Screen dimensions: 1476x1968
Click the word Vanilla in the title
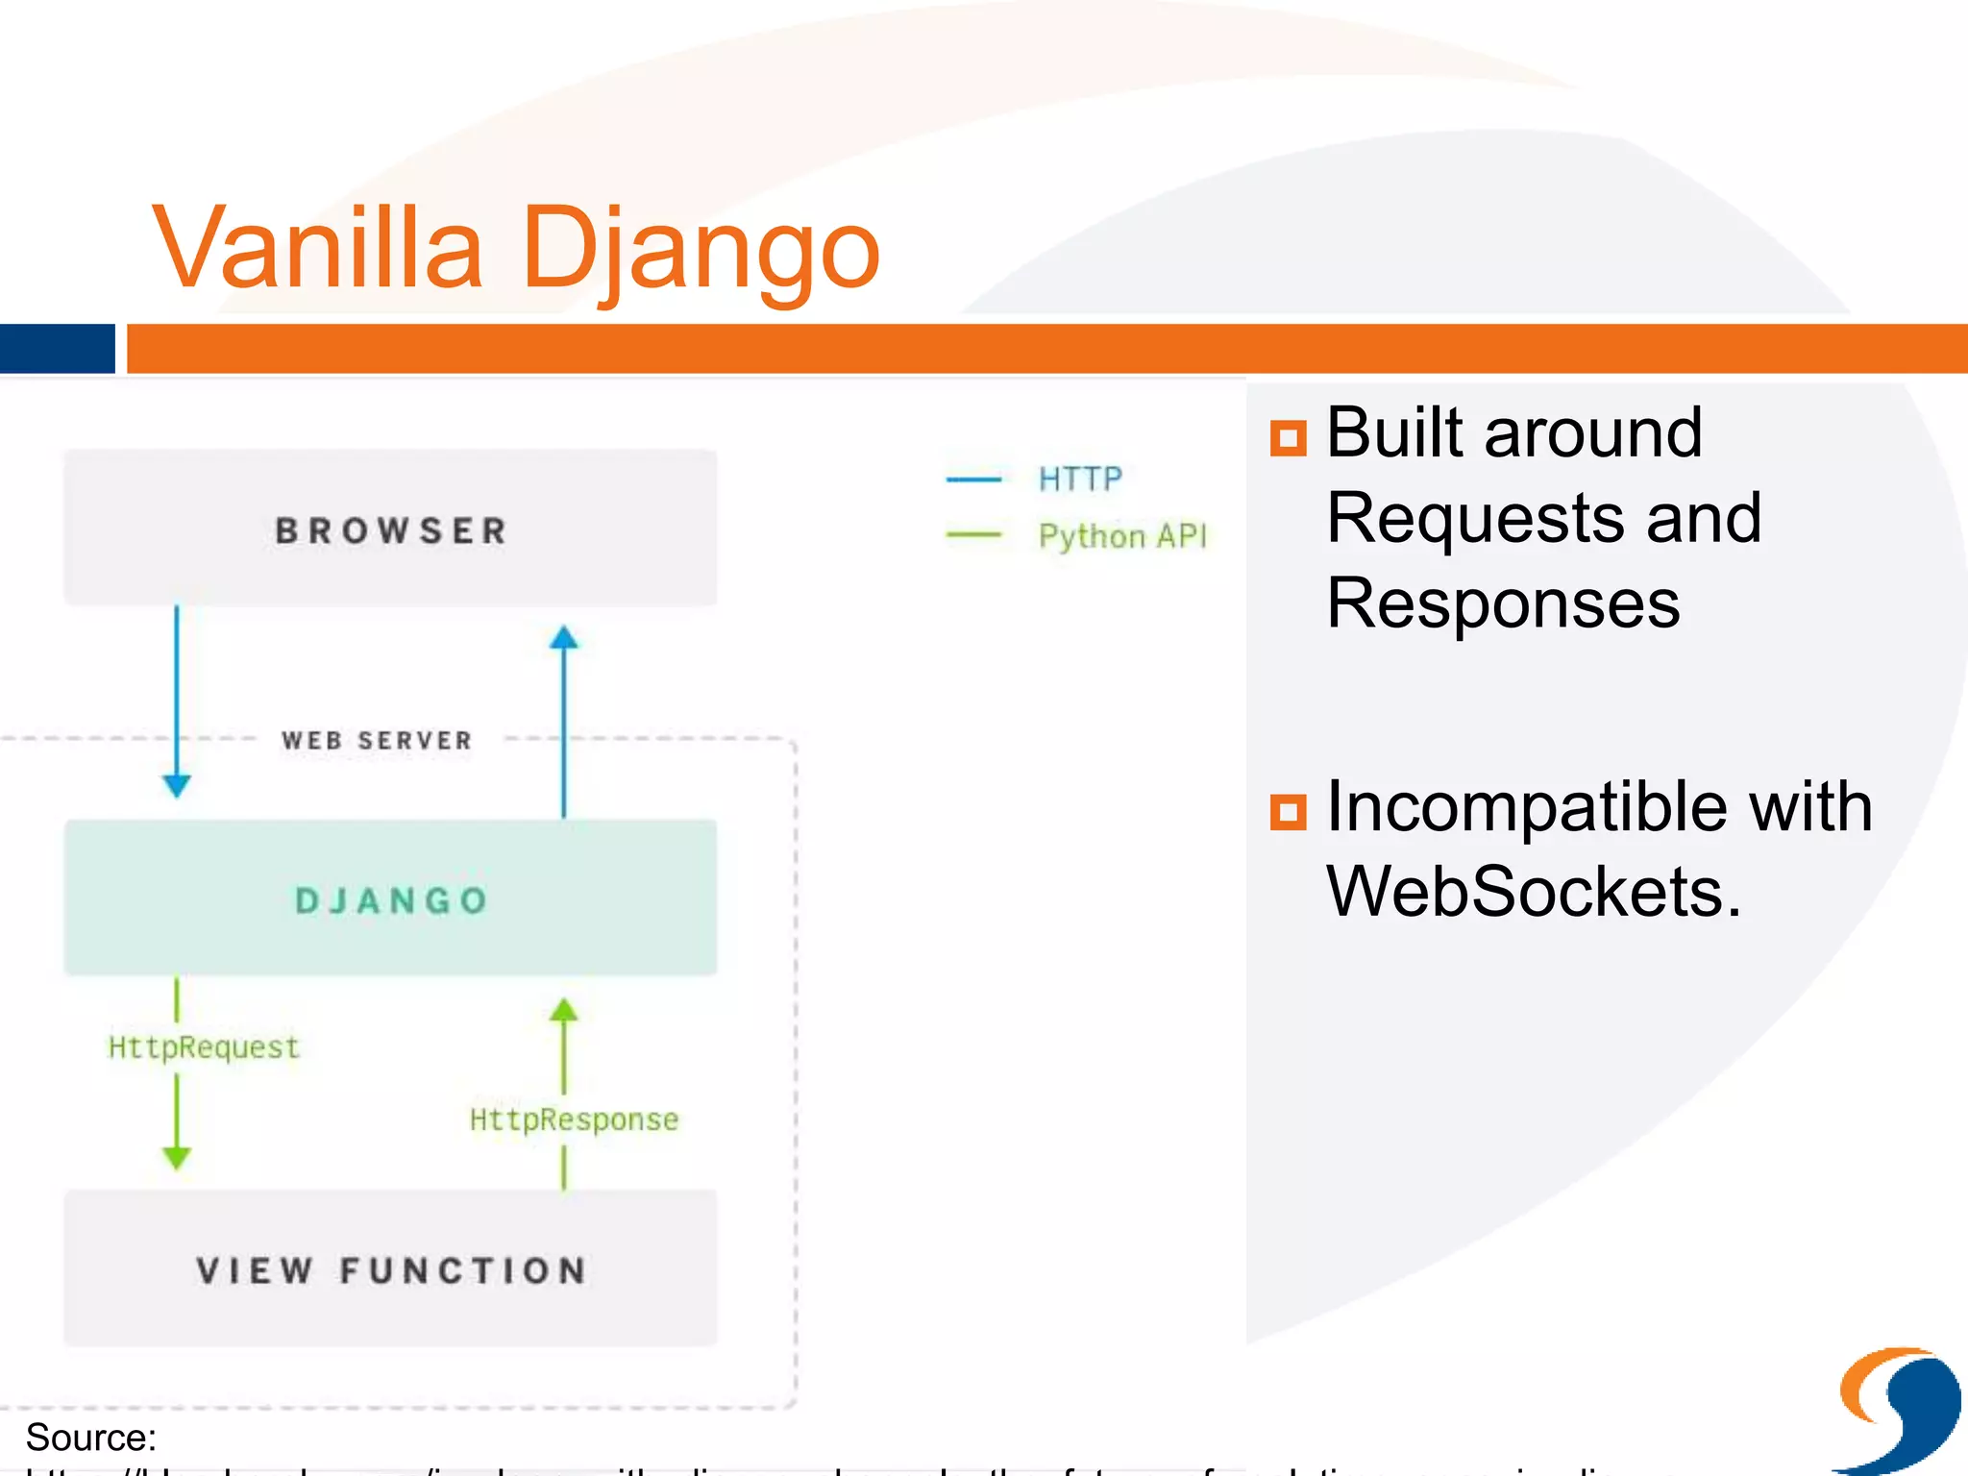point(317,250)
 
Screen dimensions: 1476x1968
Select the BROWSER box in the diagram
point(390,529)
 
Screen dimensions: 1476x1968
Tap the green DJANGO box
point(390,898)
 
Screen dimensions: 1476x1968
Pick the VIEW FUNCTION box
point(390,1268)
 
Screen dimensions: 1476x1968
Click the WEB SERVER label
point(377,740)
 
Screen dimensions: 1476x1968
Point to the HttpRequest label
point(204,1046)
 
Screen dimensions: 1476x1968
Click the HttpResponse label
point(574,1119)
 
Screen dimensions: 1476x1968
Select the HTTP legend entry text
point(1080,479)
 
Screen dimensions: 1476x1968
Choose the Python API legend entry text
point(1122,536)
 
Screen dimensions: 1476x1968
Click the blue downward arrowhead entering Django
point(177,785)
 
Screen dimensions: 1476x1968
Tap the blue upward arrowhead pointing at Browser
point(564,638)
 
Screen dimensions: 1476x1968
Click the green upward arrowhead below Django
point(564,1010)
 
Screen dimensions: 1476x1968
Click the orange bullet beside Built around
point(1288,438)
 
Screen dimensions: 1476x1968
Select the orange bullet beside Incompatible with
point(1288,812)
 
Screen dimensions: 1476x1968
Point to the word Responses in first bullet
point(1503,603)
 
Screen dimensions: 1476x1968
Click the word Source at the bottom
point(88,1438)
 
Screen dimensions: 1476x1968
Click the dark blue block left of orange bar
point(57,348)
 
